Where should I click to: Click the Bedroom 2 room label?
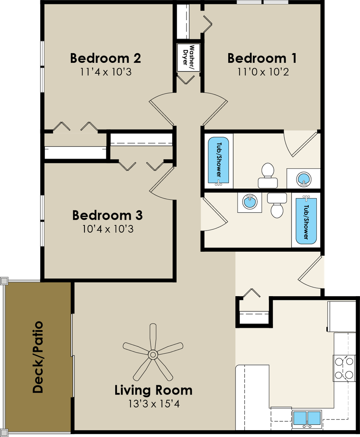pos(105,58)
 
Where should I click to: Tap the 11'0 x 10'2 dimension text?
pos(263,72)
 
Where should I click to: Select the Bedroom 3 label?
pos(108,215)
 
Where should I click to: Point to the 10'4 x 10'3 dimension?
pos(108,229)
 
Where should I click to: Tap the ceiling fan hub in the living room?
pos(152,355)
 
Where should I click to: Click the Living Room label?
pos(154,390)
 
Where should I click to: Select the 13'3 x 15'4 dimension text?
pos(154,403)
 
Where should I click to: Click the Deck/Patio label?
pos(38,357)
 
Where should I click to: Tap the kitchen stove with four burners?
pos(344,368)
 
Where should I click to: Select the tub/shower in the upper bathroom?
pos(218,161)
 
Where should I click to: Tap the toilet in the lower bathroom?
pos(277,205)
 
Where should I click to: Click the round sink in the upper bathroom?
pos(303,178)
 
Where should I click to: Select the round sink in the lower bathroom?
pos(250,202)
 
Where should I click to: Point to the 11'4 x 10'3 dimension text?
pos(106,72)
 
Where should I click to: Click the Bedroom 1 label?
pos(262,58)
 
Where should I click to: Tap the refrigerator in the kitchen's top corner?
pos(342,316)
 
